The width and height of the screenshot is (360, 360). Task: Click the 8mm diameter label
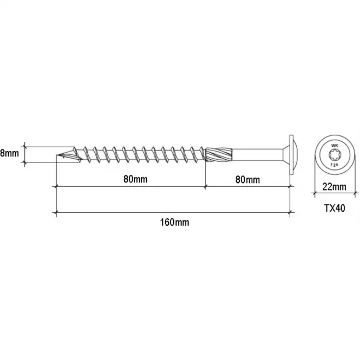(x=9, y=153)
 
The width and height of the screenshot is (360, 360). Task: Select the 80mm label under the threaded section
(x=135, y=179)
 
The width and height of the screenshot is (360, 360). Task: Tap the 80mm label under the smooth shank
(x=248, y=180)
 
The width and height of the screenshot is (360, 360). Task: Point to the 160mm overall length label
(x=175, y=222)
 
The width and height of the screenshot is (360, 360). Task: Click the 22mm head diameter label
(x=335, y=187)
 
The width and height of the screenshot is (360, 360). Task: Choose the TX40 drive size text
(x=335, y=208)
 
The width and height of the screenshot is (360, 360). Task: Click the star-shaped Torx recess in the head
(x=334, y=155)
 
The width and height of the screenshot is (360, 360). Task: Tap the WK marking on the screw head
(x=335, y=146)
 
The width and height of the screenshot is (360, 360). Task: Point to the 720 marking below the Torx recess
(x=334, y=165)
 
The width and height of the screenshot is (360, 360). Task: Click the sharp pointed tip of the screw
(x=57, y=155)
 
